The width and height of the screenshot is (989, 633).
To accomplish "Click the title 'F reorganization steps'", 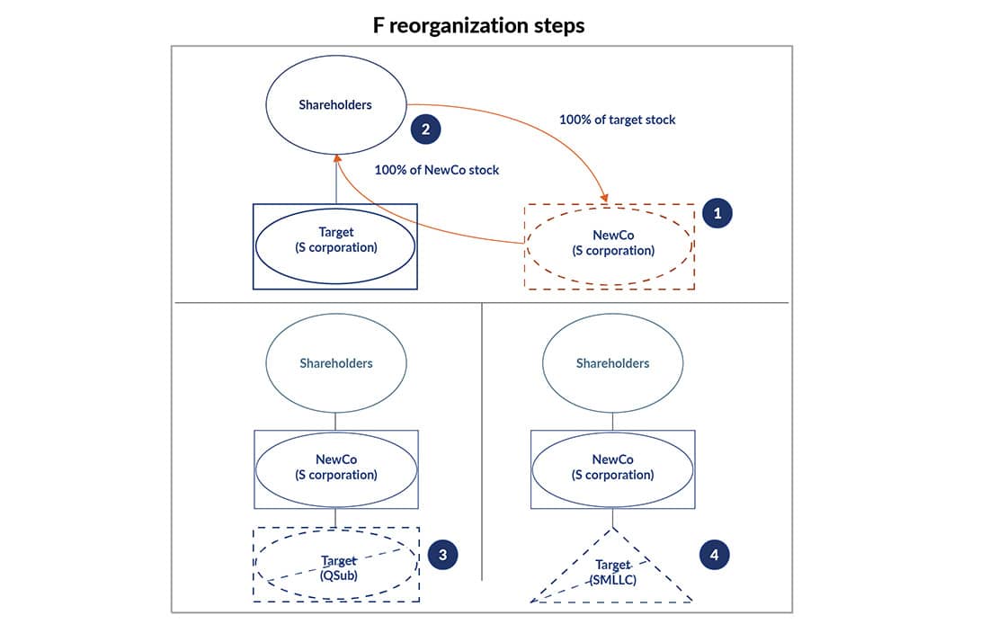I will (x=478, y=25).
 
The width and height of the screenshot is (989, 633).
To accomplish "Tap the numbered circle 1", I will (x=717, y=214).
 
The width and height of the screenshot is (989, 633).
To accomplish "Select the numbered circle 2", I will (x=425, y=129).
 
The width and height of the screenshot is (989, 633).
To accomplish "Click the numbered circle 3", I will (x=441, y=555).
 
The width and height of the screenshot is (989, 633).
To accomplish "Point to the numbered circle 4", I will (x=714, y=555).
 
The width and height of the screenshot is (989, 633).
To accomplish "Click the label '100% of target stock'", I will (x=617, y=120).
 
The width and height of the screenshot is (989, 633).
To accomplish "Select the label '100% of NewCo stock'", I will (x=437, y=170).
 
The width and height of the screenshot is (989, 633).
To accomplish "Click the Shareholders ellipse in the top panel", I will (x=334, y=105).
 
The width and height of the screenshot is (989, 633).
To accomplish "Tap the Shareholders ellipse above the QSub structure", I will (x=335, y=363).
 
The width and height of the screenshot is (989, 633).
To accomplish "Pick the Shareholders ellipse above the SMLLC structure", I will (x=612, y=363).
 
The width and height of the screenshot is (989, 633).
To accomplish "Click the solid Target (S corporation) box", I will (x=335, y=246).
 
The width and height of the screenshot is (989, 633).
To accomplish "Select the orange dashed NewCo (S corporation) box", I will (x=610, y=245).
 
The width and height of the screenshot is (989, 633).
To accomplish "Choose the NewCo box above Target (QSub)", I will (x=335, y=468).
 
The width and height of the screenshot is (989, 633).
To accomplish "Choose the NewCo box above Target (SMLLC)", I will (x=612, y=468).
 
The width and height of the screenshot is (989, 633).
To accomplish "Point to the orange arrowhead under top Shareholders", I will (x=336, y=158).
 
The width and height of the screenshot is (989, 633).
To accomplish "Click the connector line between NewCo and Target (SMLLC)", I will (x=612, y=518).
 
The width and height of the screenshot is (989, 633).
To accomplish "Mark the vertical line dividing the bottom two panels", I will (x=482, y=441).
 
